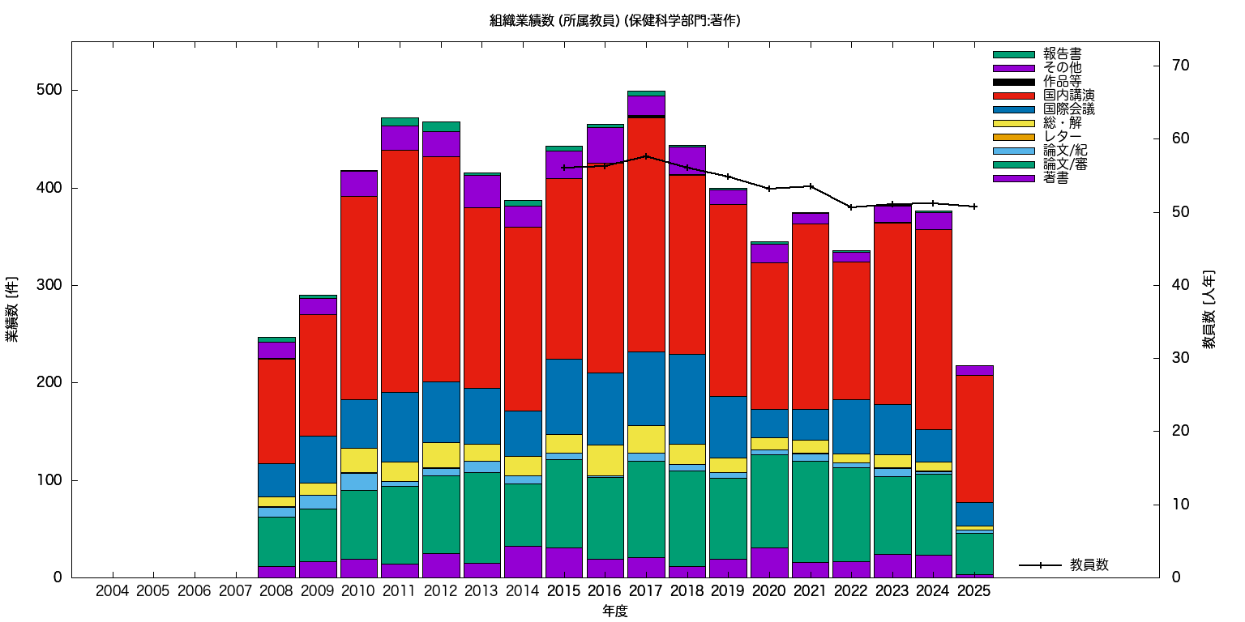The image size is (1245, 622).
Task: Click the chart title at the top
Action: coord(615,20)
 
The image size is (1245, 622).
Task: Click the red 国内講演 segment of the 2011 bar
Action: coord(400,271)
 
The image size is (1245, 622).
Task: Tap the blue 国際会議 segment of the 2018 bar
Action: coord(687,398)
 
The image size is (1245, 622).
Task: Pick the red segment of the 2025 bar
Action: coord(974,438)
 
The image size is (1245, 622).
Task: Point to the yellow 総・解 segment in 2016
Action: coord(605,460)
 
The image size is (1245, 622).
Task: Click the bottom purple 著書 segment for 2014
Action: coord(523,561)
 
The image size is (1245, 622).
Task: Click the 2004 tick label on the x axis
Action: coord(113,592)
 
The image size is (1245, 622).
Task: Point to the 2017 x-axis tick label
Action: coord(646,592)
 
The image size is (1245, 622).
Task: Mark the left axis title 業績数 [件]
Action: coord(12,309)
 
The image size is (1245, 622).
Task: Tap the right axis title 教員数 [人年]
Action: coord(1209,309)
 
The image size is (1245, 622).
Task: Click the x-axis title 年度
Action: coord(615,611)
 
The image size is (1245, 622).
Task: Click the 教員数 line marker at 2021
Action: coord(811,186)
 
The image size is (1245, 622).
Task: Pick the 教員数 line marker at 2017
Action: coord(646,156)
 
